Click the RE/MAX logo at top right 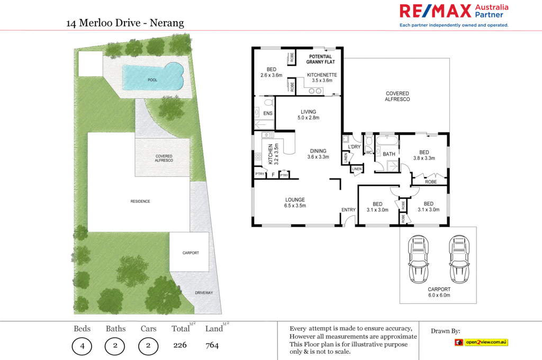click(454, 15)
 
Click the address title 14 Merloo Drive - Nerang click(125, 23)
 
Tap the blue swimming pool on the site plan click(152, 77)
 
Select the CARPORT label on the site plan click(191, 253)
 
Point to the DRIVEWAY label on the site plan click(204, 292)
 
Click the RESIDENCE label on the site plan click(140, 201)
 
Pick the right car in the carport click(459, 259)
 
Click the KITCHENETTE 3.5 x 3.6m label click(322, 78)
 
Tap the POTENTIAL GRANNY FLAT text click(320, 59)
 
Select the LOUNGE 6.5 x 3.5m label click(295, 202)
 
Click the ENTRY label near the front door click(348, 210)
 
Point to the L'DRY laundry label click(354, 147)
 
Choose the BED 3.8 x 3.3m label click(423, 155)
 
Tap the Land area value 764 click(212, 346)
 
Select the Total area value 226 click(180, 346)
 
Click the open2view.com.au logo click(481, 342)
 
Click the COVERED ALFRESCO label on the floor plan click(397, 96)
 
